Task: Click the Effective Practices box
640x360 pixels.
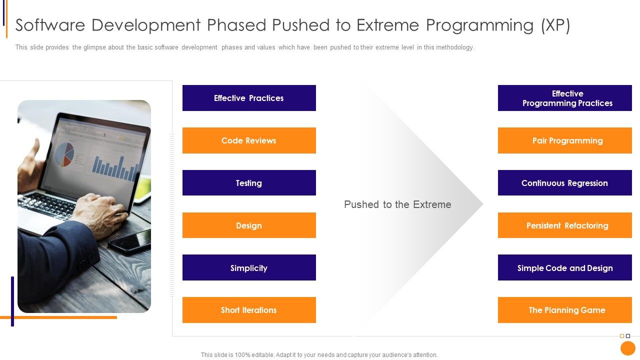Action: click(249, 98)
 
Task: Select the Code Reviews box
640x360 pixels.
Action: click(249, 140)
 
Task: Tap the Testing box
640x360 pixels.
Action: click(249, 183)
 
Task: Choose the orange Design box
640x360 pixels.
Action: click(249, 225)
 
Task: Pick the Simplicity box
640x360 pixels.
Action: click(249, 268)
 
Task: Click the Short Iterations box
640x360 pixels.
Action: click(249, 310)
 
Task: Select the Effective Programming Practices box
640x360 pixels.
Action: click(565, 98)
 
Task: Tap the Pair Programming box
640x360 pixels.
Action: click(565, 140)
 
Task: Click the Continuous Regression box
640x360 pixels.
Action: click(565, 183)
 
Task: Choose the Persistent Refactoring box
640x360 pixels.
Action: click(565, 225)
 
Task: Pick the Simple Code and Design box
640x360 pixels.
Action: click(565, 268)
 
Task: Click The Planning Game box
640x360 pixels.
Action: click(565, 310)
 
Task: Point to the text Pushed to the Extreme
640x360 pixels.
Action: click(397, 204)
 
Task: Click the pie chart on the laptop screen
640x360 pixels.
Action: click(64, 153)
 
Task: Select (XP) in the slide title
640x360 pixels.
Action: click(555, 25)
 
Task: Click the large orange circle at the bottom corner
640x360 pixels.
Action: click(627, 348)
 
